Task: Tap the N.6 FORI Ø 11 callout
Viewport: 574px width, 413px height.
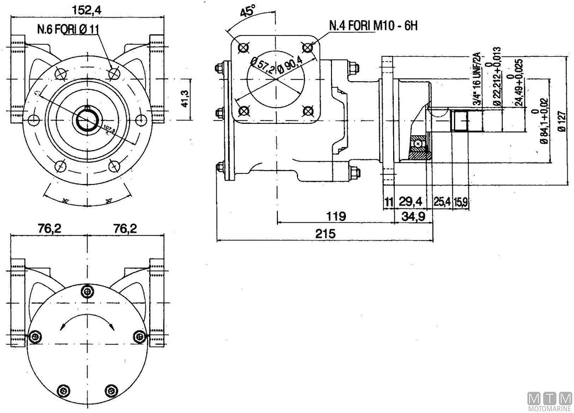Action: (68, 29)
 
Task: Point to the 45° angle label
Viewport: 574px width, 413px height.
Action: (248, 11)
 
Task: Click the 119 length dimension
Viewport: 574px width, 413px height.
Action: (336, 216)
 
